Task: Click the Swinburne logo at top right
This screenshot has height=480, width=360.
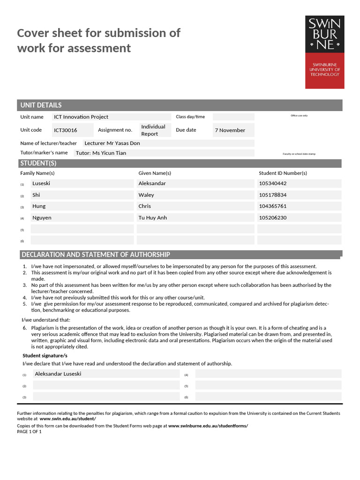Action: (324, 52)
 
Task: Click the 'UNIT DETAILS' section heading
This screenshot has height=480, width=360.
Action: (41, 105)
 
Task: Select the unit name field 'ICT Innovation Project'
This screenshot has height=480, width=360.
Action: (81, 117)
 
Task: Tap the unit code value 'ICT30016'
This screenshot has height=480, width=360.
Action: (66, 130)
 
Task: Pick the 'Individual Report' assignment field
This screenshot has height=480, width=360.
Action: (153, 130)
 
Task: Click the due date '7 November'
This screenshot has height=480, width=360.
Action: (230, 130)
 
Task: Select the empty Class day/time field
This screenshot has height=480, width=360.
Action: (233, 117)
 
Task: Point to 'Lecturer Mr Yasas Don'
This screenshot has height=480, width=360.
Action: (112, 143)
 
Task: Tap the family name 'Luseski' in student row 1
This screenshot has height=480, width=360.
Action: (41, 183)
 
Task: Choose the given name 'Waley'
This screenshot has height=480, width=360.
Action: (146, 195)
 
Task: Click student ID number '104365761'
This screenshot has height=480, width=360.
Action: (272, 206)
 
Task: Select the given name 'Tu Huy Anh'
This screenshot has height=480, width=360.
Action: (152, 217)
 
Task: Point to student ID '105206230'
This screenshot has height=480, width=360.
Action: (272, 217)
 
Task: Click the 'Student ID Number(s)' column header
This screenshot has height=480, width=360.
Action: (283, 173)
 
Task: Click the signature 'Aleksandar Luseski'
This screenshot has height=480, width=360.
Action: (58, 374)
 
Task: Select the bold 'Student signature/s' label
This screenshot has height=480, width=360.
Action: (45, 356)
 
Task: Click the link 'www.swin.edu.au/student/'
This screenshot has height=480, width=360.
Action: (67, 419)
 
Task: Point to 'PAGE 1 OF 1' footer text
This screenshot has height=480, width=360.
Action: (30, 432)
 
